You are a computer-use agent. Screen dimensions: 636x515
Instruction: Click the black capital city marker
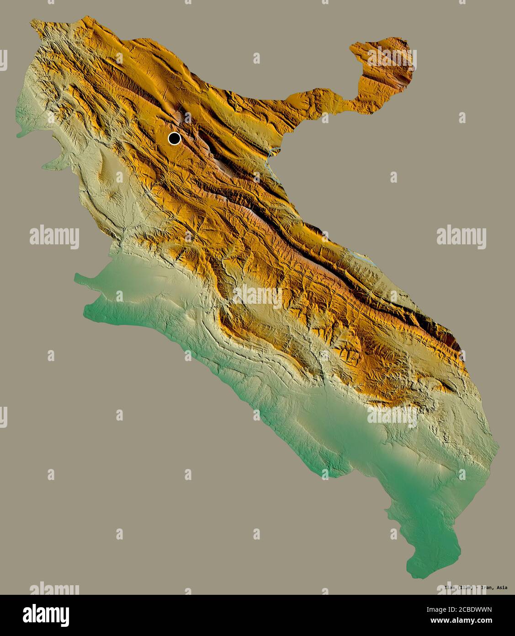pyautogui.click(x=174, y=138)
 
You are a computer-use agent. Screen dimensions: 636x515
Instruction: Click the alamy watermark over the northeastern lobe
pyautogui.click(x=392, y=57)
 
